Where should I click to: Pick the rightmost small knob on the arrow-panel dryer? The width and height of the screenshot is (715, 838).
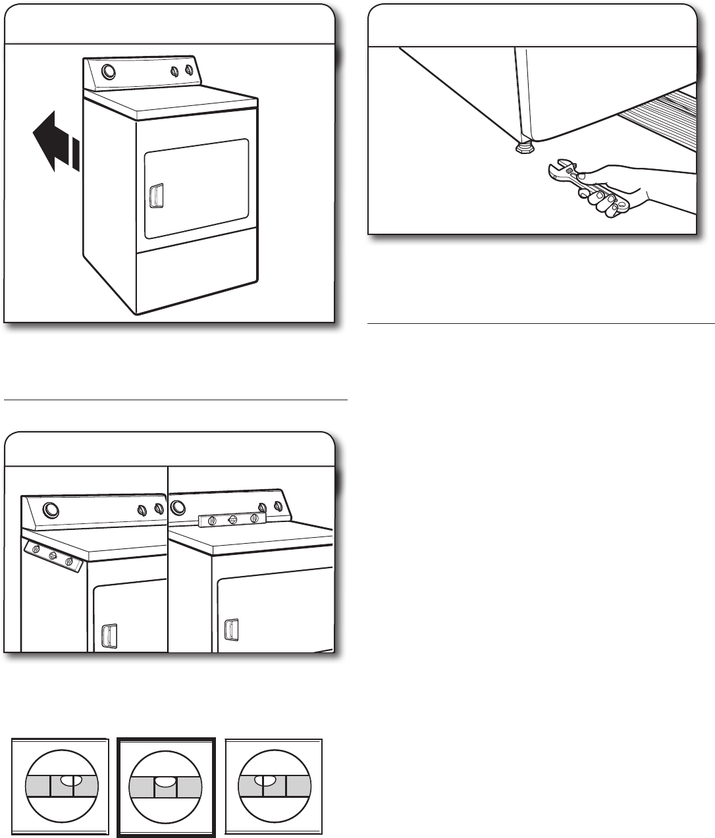pyautogui.click(x=188, y=70)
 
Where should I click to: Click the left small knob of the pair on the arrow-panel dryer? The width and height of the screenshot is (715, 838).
pyautogui.click(x=174, y=70)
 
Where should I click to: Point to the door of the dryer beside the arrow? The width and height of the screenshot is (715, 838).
pyautogui.click(x=196, y=189)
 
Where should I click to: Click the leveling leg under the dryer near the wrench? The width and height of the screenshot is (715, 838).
pyautogui.click(x=524, y=147)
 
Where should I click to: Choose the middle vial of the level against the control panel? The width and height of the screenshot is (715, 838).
pyautogui.click(x=232, y=519)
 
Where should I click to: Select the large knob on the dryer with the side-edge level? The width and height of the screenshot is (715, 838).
pyautogui.click(x=49, y=509)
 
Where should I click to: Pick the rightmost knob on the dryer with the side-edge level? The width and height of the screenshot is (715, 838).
pyautogui.click(x=158, y=509)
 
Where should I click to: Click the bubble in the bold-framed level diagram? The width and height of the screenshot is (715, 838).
pyautogui.click(x=165, y=781)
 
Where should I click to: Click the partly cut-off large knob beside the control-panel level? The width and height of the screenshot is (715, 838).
pyautogui.click(x=176, y=507)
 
